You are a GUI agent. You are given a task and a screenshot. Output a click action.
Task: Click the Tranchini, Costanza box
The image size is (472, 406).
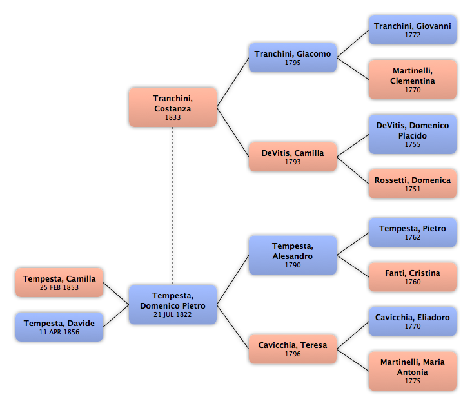[173, 107]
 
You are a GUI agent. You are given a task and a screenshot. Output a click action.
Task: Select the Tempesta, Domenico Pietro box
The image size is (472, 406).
[173, 305]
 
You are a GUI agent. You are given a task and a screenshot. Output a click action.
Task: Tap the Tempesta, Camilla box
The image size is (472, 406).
[59, 282]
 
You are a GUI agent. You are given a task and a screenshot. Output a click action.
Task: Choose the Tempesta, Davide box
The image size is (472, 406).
[59, 327]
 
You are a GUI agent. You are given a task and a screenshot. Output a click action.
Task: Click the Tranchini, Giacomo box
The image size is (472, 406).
[293, 57]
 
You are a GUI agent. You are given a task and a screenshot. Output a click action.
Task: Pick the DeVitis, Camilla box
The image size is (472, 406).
[293, 157]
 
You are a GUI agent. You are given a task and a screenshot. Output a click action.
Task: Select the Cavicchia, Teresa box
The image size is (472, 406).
[293, 349]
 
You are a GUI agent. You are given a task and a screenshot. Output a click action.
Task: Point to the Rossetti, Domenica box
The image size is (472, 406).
[413, 184]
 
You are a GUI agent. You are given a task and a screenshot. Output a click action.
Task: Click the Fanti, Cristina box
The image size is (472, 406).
[413, 276]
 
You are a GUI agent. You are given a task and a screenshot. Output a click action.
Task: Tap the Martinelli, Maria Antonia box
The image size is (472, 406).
[413, 371]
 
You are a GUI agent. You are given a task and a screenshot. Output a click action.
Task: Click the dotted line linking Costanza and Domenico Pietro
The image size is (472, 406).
[173, 206]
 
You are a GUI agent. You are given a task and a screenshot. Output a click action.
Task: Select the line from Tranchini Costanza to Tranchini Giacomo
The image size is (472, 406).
[233, 82]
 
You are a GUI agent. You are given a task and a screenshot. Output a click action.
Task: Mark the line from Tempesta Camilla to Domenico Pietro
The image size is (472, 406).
[116, 293]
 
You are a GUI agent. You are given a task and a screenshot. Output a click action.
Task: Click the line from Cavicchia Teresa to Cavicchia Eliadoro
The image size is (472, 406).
[353, 335]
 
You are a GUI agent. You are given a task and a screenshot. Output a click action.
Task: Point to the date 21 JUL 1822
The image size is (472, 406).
[172, 314]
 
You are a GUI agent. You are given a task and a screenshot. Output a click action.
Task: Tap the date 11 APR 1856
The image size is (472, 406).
[59, 332]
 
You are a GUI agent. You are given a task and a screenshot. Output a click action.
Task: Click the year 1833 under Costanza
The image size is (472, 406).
[173, 117]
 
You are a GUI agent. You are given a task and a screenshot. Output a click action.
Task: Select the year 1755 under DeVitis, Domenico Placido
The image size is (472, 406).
[413, 144]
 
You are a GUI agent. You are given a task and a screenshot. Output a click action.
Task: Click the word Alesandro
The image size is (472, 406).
[293, 256]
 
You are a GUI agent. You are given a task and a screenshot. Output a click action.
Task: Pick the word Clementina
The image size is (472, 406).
[413, 81]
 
